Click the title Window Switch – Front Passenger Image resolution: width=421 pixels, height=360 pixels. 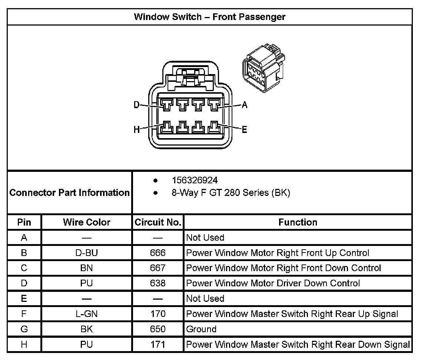[x=209, y=17]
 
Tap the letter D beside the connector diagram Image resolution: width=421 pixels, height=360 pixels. [x=136, y=105]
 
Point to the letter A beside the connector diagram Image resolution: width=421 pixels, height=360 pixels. [x=244, y=105]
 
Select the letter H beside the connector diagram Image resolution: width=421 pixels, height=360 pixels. [x=136, y=130]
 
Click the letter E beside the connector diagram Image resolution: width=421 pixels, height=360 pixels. [x=244, y=130]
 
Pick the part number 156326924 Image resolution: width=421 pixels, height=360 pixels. [x=195, y=180]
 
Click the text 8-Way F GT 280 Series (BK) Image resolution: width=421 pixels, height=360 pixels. [x=231, y=193]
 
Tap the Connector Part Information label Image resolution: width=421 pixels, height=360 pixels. [x=69, y=193]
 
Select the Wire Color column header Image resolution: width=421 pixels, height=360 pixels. [x=86, y=222]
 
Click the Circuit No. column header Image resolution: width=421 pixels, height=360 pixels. [x=158, y=222]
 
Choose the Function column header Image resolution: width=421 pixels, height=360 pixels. [x=298, y=222]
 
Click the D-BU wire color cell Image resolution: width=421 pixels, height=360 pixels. [x=86, y=253]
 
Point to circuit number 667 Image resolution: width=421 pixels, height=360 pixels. [x=158, y=268]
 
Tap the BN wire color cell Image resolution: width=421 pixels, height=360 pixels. [x=86, y=268]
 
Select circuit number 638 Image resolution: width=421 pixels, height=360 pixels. [x=158, y=283]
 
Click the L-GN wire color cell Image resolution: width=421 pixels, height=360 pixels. [x=86, y=314]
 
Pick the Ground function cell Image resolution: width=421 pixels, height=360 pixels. [x=201, y=329]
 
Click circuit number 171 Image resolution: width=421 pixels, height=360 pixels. [x=158, y=344]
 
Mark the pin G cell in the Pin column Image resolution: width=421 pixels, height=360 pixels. [x=24, y=329]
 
